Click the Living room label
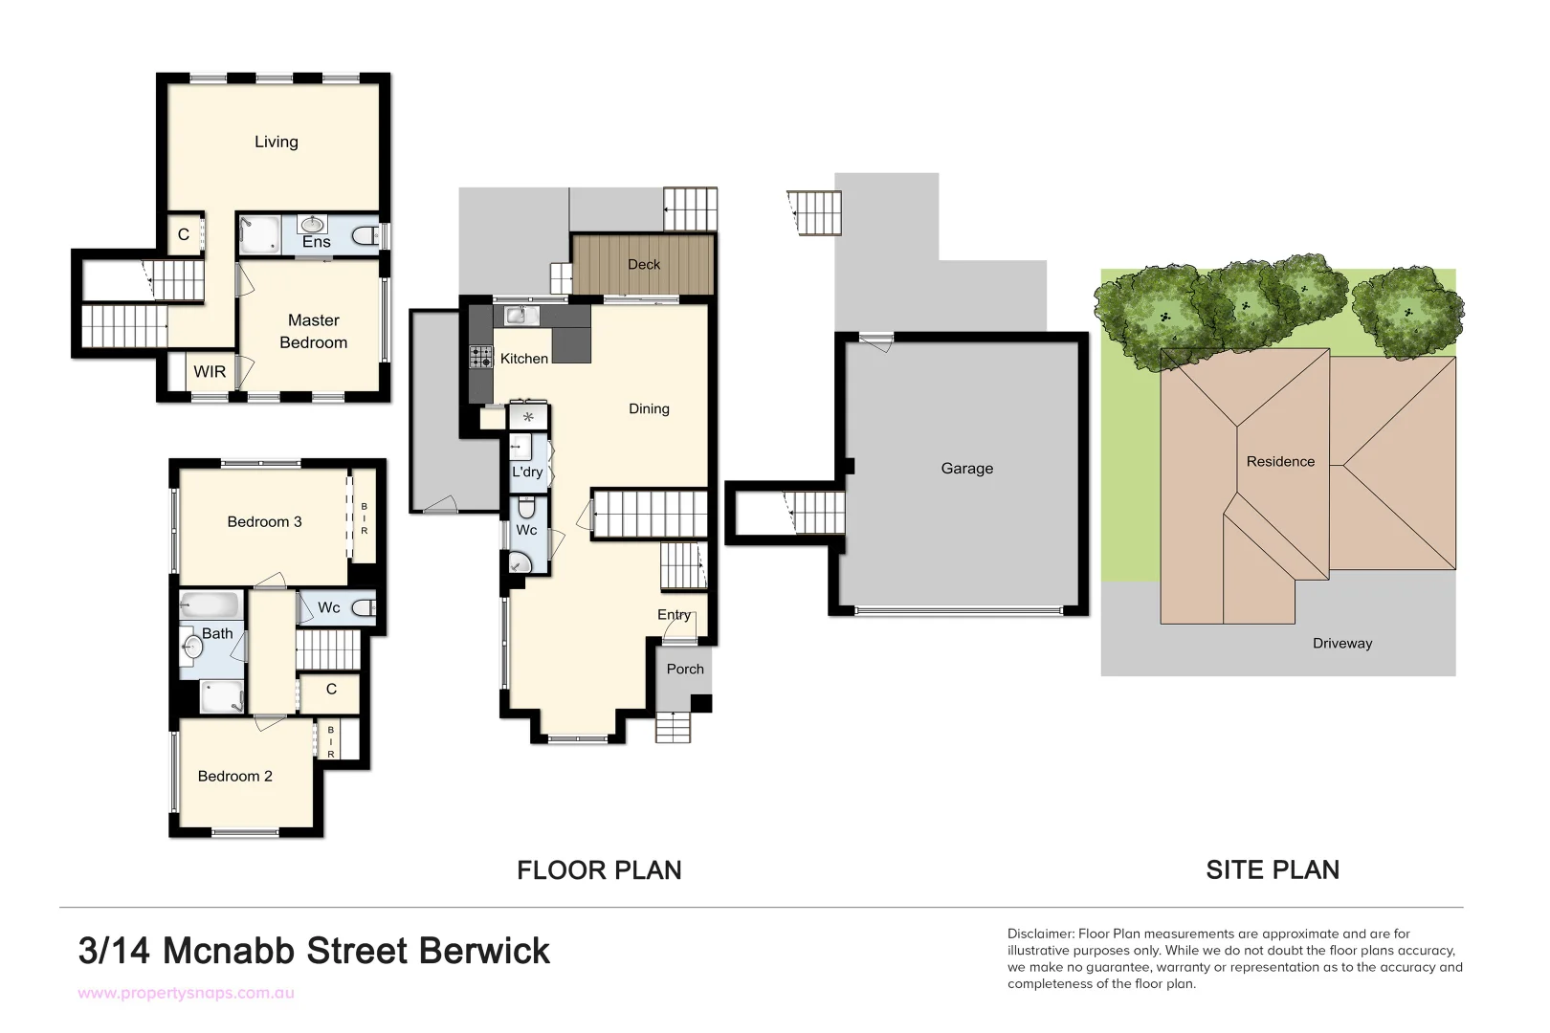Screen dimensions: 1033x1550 tap(276, 142)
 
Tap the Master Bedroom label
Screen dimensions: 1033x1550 tap(313, 331)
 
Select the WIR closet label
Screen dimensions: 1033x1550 tap(210, 371)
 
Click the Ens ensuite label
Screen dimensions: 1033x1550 tap(316, 242)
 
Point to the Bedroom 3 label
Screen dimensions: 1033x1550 tap(264, 521)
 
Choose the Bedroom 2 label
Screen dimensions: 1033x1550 tap(234, 776)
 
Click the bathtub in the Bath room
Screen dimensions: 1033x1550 tap(210, 605)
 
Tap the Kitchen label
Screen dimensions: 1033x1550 tap(523, 358)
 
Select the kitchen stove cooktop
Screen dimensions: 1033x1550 tap(480, 358)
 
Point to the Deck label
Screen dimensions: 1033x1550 tap(643, 264)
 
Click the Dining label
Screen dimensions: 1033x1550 tap(648, 408)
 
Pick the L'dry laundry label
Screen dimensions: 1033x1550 tap(527, 472)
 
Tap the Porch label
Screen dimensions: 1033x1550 tap(684, 669)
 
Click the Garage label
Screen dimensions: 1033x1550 tap(966, 468)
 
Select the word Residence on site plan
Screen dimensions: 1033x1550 tap(1280, 461)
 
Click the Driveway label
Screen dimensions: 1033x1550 tap(1341, 643)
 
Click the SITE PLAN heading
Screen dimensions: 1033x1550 tap(1272, 869)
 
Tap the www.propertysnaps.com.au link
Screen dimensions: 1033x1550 tap(186, 993)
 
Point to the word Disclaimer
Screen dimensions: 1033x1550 tap(1040, 934)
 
